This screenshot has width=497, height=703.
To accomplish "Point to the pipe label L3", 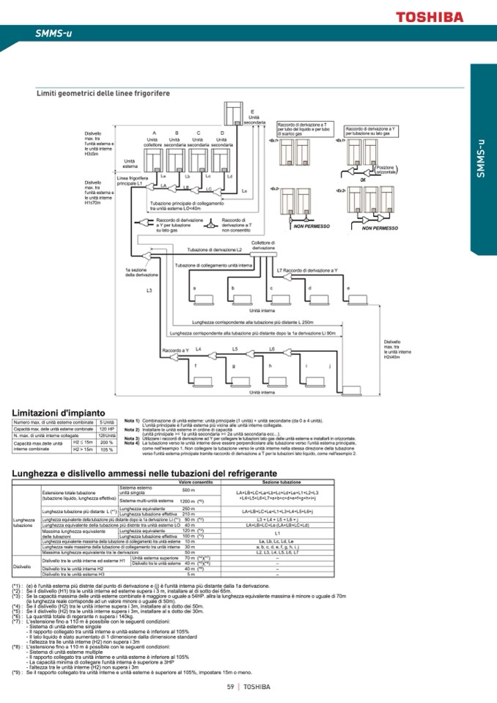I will pyautogui.click(x=149, y=291).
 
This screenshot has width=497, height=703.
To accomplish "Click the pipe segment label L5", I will pyautogui.click(x=235, y=349).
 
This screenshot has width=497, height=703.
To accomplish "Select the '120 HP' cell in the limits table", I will pyautogui.click(x=107, y=428).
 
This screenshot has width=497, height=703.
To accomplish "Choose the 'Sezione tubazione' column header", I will pyautogui.click(x=281, y=482).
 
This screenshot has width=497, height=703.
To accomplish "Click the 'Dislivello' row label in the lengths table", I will pyautogui.click(x=22, y=567).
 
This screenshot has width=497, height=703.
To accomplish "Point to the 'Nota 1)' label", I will pyautogui.click(x=131, y=421).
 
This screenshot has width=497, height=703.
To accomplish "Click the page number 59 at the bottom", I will pyautogui.click(x=229, y=687).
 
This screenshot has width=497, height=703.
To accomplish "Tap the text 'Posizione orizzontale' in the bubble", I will pyautogui.click(x=385, y=169).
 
